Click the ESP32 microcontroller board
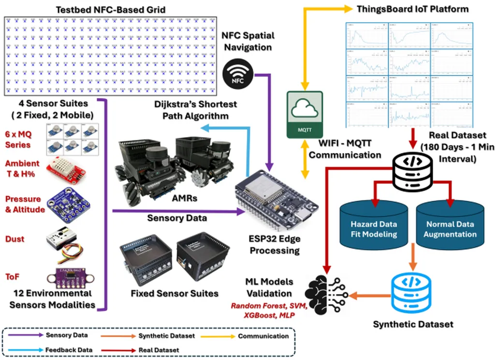click(x=276, y=201)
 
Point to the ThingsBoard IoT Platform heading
click(x=412, y=9)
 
